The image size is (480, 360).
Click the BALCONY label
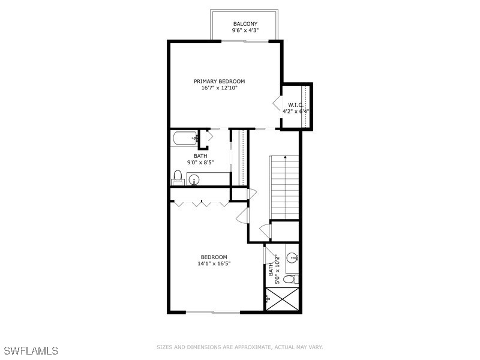point(245,24)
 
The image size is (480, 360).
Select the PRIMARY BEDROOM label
point(219,81)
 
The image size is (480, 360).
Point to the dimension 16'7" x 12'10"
point(219,88)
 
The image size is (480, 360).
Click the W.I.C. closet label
point(295,104)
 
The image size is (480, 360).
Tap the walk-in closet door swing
point(278,104)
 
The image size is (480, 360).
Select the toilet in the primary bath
point(178,178)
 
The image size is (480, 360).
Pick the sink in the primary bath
point(194,179)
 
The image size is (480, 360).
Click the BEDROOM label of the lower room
point(214,257)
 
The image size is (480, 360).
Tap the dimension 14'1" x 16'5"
point(214,264)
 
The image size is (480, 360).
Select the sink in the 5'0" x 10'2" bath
point(292,258)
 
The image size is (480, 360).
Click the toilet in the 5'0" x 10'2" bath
point(290,280)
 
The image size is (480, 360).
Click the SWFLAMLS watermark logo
point(30,349)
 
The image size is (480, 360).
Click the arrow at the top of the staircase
point(284,158)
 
